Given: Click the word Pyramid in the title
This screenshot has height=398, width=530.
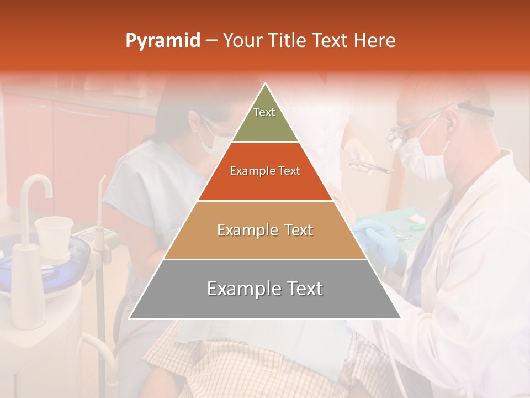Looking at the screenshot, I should click(162, 41).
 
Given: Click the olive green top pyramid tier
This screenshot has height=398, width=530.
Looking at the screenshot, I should click(265, 119).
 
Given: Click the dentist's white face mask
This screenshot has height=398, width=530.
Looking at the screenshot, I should click(422, 161).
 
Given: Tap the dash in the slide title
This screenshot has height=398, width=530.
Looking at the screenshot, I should click(211, 41).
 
